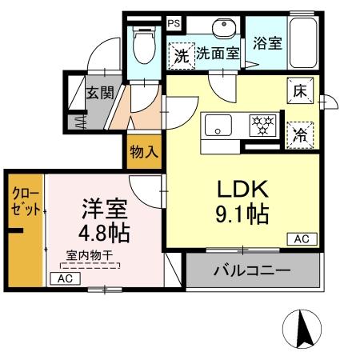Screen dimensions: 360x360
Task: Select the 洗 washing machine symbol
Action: tap(181, 55)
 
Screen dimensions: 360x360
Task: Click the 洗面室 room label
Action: tap(218, 54)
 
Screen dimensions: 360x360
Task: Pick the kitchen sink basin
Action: tap(218, 126)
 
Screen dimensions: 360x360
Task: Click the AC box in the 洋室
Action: tap(66, 278)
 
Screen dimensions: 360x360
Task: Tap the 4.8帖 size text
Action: tap(104, 234)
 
